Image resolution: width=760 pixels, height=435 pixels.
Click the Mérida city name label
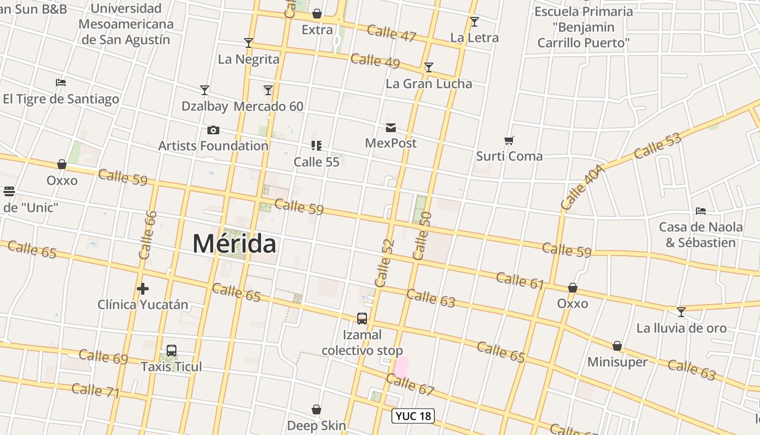234,244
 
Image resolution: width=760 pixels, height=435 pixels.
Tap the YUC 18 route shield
413,416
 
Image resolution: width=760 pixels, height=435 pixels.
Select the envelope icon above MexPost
391,128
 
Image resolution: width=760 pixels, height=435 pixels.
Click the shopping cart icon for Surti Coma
509,141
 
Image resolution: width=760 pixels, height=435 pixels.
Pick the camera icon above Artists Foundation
213,130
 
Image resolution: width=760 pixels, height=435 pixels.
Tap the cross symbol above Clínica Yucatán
143,288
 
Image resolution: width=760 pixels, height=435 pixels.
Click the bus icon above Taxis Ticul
172,351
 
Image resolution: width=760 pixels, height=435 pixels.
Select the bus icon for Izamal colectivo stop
362,319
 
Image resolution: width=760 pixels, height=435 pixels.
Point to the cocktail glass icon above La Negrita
249,43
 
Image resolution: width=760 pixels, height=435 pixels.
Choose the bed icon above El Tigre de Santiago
61,83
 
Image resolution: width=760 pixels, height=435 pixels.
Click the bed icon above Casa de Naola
701,210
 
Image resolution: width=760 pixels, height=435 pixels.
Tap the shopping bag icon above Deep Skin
316,409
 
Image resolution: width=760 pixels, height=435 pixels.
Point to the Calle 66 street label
148,235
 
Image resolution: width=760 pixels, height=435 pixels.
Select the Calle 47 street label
391,33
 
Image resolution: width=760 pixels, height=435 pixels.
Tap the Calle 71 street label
95,390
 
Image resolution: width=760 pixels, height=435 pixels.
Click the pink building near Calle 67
401,366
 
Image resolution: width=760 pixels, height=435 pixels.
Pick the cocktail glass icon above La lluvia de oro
681,312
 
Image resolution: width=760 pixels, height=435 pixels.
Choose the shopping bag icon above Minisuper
617,346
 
